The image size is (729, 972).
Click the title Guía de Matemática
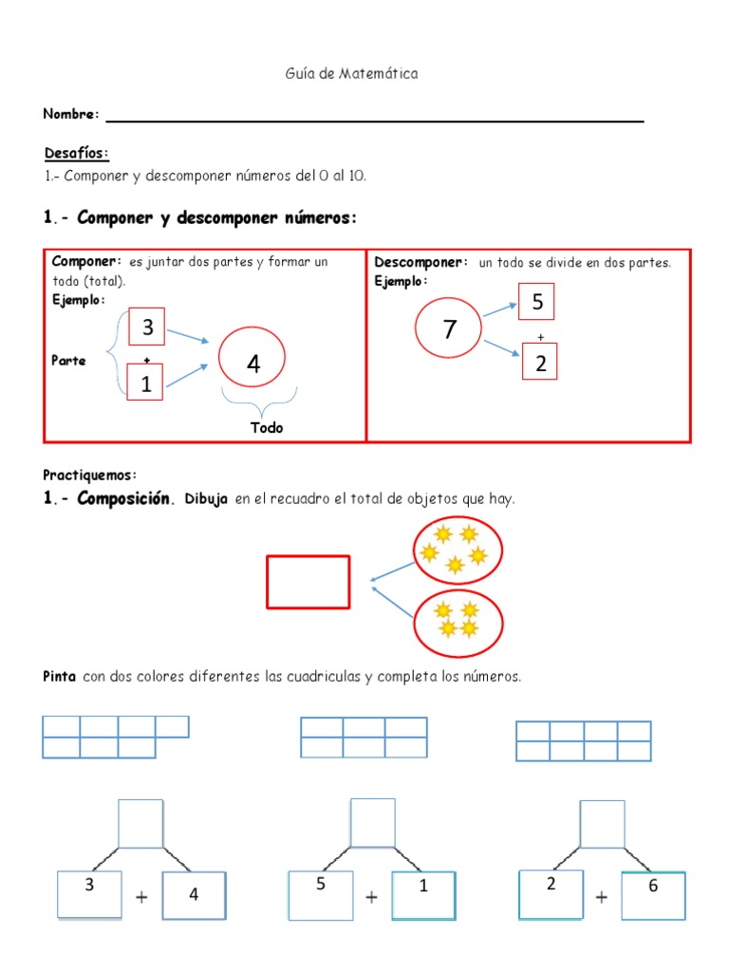tap(351, 73)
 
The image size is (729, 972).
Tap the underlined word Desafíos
tap(76, 153)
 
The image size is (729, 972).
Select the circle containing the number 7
tap(450, 328)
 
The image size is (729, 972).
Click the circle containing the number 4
tap(252, 364)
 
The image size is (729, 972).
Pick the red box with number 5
tap(536, 303)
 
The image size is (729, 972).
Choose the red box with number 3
tap(146, 328)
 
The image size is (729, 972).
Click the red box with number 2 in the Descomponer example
tap(539, 362)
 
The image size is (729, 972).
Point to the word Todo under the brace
tap(267, 427)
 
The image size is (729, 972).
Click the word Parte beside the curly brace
tap(68, 361)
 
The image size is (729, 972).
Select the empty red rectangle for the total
tap(308, 581)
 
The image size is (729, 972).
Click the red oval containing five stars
tap(458, 550)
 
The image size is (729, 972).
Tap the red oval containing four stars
tap(458, 622)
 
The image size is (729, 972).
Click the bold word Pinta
tap(60, 677)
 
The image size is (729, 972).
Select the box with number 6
tap(653, 894)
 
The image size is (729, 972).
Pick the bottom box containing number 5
tap(321, 895)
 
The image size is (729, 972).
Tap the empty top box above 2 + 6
tap(602, 823)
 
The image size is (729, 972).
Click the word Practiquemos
tap(90, 474)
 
